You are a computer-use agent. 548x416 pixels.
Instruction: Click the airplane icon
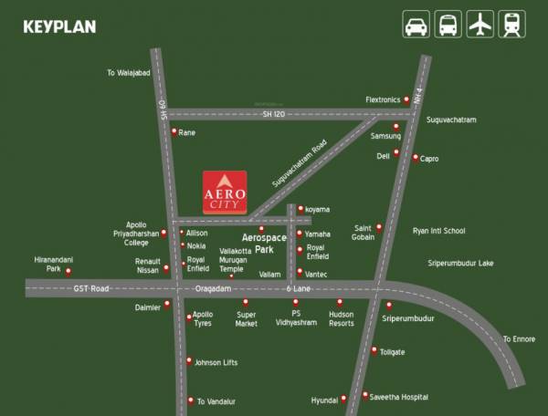coord(479,26)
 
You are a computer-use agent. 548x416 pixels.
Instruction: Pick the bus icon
coord(448,26)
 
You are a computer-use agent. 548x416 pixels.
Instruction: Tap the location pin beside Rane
coord(174,132)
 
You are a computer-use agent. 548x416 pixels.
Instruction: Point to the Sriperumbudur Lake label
coord(460,263)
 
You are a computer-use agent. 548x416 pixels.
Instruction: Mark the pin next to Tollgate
coord(374,350)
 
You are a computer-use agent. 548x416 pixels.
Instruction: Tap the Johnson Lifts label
coord(216,362)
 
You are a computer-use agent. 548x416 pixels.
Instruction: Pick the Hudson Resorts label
coord(341,317)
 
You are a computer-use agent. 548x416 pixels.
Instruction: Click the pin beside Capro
coord(415,158)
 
